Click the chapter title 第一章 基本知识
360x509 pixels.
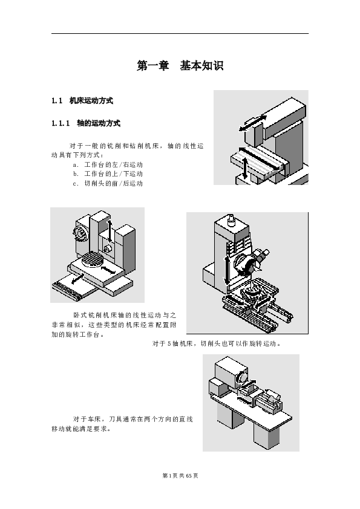tap(180, 65)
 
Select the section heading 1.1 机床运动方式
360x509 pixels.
tap(82, 100)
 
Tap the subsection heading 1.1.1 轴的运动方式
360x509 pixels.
tap(86, 123)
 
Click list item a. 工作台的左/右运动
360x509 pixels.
tap(108, 164)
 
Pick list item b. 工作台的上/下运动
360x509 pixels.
tap(108, 173)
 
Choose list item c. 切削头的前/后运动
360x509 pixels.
tap(108, 183)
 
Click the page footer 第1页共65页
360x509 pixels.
tap(180, 476)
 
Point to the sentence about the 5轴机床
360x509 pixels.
tap(217, 343)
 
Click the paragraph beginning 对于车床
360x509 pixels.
tap(122, 424)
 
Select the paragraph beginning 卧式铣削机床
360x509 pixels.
tap(114, 325)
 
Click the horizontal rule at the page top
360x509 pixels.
tap(180, 33)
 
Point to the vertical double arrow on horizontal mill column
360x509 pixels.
tap(110, 231)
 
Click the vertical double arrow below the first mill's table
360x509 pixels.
tap(245, 168)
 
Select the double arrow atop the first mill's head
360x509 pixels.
tap(253, 123)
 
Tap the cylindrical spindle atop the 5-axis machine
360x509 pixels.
tap(231, 220)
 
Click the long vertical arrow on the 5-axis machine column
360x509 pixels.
tap(227, 270)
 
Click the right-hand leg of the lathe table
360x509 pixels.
tap(266, 435)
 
